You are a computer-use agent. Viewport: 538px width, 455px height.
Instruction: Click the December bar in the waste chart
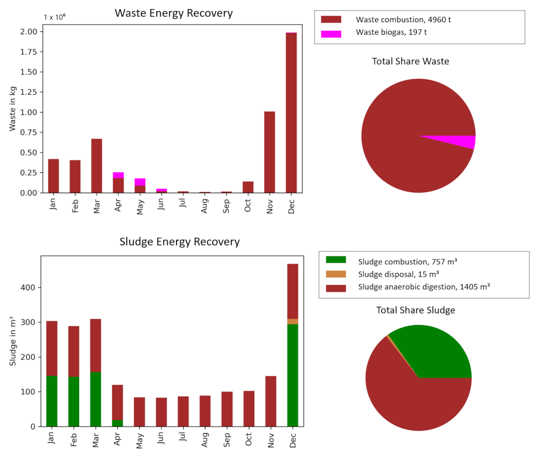pyautogui.click(x=291, y=113)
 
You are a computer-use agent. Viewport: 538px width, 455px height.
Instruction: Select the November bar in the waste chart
pyautogui.click(x=269, y=152)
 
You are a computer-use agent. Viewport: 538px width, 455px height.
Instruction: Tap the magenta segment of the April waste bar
pyautogui.click(x=118, y=175)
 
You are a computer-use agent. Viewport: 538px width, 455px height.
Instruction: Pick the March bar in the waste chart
pyautogui.click(x=97, y=166)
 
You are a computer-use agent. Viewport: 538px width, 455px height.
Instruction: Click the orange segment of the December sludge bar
pyautogui.click(x=292, y=322)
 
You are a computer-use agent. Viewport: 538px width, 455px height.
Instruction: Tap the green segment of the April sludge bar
pyautogui.click(x=117, y=423)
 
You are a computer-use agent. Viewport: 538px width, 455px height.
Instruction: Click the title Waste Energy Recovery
pyautogui.click(x=174, y=13)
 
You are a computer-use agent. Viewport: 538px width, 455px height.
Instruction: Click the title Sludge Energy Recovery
pyautogui.click(x=179, y=242)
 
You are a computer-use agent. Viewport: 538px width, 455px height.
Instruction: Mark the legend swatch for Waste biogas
pyautogui.click(x=331, y=34)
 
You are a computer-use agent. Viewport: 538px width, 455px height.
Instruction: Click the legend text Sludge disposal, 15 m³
pyautogui.click(x=398, y=274)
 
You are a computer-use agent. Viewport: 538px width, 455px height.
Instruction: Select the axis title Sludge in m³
pyautogui.click(x=13, y=341)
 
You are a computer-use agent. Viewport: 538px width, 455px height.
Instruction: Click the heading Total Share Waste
pyautogui.click(x=410, y=61)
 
